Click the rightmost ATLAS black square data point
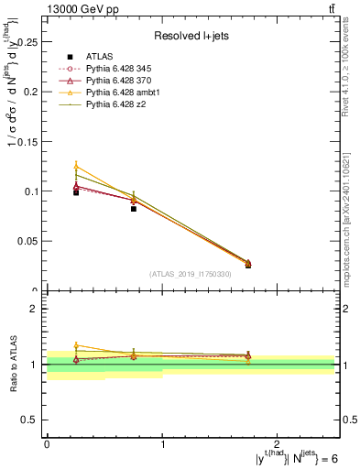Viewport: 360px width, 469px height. pyautogui.click(x=248, y=265)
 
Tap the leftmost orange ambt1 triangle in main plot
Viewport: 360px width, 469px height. pyautogui.click(x=76, y=166)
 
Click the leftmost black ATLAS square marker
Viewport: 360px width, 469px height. pyautogui.click(x=76, y=192)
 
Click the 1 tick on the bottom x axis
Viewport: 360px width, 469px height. pyautogui.click(x=162, y=444)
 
